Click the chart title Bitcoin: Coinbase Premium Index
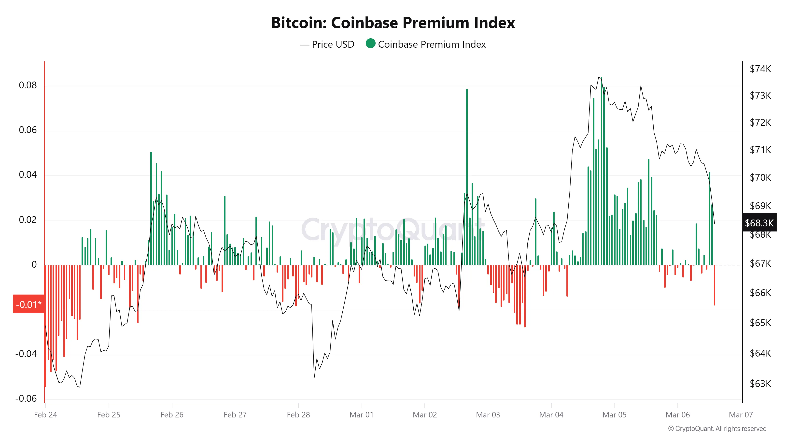pyautogui.click(x=393, y=23)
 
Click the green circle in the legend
pyautogui.click(x=370, y=44)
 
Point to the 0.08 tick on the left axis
pyautogui.click(x=28, y=85)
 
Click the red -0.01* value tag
pyautogui.click(x=29, y=304)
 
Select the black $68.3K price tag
pyautogui.click(x=759, y=223)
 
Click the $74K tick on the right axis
pyautogui.click(x=760, y=69)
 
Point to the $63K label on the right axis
pyautogui.click(x=760, y=383)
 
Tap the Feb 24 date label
pyautogui.click(x=45, y=415)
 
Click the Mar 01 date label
pyautogui.click(x=361, y=415)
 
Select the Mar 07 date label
pyautogui.click(x=741, y=415)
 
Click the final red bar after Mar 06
pyautogui.click(x=714, y=285)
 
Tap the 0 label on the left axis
pyautogui.click(x=34, y=264)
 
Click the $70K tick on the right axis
pyautogui.click(x=760, y=178)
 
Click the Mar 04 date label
pyautogui.click(x=551, y=415)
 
